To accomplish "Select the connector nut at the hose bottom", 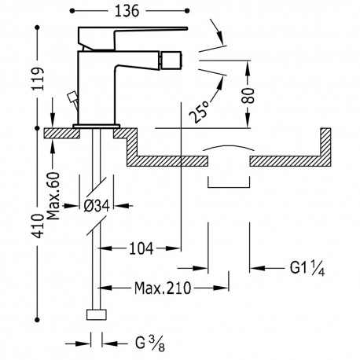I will point(97,317).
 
